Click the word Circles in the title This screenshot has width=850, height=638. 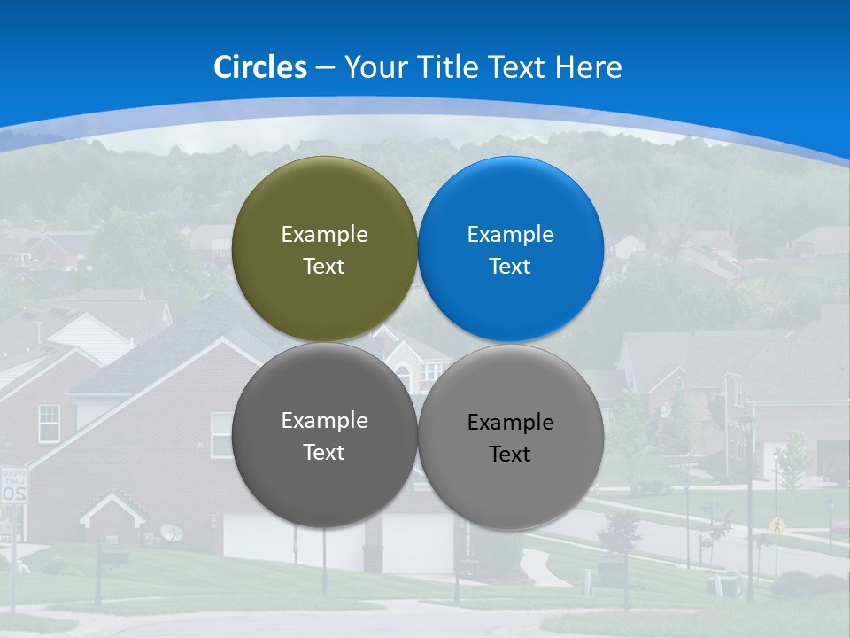coord(260,67)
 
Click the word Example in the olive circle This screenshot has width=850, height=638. coord(324,234)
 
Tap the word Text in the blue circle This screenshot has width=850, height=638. coord(510,267)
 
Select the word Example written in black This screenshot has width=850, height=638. coord(511,422)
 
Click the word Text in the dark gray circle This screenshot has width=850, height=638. coord(324,453)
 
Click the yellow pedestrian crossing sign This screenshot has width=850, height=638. coord(777,525)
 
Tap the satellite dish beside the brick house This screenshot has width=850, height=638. coord(172,533)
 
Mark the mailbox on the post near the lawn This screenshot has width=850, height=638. coord(113,557)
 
